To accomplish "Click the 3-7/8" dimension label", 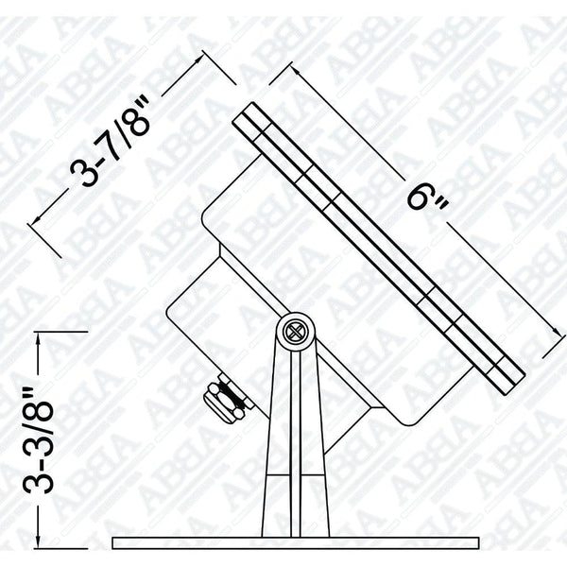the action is coord(111,142).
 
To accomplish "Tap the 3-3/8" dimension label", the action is coord(39,440).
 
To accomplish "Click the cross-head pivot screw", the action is coord(293,332).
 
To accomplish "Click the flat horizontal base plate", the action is coord(296,543).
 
